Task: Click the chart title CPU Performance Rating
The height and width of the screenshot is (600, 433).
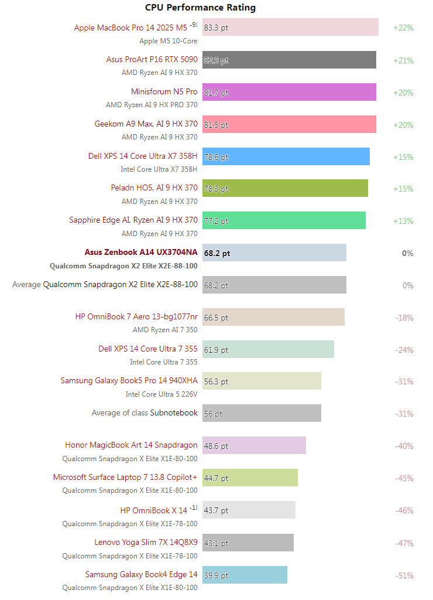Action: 200,8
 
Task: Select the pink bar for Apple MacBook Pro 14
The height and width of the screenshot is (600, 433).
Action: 290,28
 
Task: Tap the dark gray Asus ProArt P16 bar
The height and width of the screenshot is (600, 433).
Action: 289,60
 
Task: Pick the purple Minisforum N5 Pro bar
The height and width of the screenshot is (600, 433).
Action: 289,92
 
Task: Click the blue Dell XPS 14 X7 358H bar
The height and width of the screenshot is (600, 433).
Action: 286,156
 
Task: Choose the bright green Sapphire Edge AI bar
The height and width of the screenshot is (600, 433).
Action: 284,221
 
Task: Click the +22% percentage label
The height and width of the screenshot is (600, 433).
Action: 403,28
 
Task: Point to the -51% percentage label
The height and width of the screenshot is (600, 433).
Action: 403,575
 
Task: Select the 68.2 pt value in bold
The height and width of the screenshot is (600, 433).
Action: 217,253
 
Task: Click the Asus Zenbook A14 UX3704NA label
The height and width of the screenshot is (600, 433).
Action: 141,253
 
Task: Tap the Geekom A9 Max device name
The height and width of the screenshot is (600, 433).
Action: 146,124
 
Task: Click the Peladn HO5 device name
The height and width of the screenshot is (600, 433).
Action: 154,188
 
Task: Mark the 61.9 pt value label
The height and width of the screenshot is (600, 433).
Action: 216,350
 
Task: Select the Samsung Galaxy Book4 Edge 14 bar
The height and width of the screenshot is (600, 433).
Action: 245,575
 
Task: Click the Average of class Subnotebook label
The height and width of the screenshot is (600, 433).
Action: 145,413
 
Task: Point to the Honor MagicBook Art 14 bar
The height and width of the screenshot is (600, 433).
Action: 254,445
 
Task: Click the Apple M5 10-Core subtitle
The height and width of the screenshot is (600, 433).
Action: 168,41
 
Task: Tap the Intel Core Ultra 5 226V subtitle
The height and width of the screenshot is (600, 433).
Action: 161,394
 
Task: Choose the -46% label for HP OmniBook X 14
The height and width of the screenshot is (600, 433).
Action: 403,510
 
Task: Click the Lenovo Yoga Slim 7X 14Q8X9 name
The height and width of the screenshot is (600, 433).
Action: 146,543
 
